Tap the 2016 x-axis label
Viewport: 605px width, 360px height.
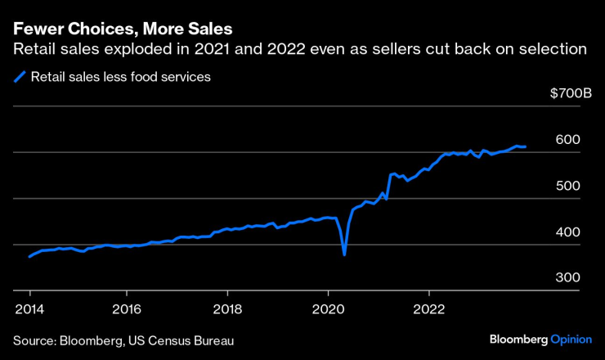click(x=128, y=309)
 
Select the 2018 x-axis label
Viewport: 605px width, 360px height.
click(x=227, y=309)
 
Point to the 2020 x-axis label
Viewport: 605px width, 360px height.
click(x=328, y=309)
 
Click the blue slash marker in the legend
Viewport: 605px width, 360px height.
click(x=20, y=78)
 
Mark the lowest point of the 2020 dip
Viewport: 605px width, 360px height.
click(x=344, y=254)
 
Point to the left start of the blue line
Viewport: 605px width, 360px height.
click(x=29, y=257)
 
